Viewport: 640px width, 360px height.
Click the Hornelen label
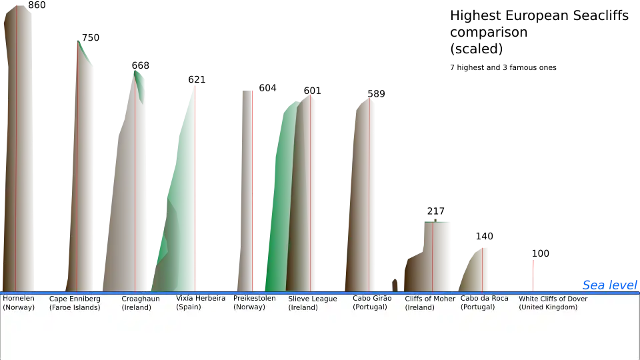click(19, 299)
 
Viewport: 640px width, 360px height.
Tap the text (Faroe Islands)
click(75, 307)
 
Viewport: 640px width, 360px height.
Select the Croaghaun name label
click(141, 299)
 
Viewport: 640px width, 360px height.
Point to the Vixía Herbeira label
click(201, 299)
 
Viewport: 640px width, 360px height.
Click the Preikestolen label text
click(254, 299)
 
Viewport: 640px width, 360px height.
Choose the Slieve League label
click(313, 299)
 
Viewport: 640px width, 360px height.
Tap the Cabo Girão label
click(372, 299)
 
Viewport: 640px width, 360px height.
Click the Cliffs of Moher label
click(430, 299)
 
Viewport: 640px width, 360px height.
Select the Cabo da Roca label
click(485, 299)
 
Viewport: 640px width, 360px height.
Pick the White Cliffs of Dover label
click(553, 299)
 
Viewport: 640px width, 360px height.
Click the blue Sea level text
click(610, 285)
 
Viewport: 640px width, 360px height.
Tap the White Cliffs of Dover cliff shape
click(533, 273)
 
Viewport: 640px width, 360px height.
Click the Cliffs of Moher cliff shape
click(437, 253)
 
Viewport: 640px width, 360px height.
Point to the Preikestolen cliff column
click(247, 187)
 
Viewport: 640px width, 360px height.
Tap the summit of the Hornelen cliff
click(17, 7)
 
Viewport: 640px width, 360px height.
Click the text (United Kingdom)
click(548, 307)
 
